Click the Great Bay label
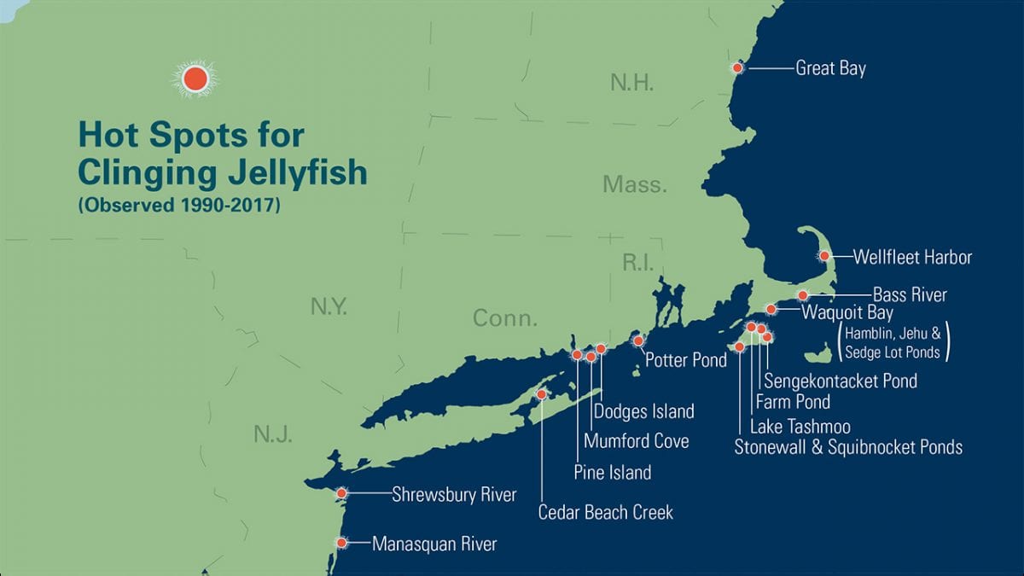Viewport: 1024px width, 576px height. (830, 68)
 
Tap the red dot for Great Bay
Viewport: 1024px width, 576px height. (737, 67)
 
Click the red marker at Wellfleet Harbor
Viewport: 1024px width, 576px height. (824, 255)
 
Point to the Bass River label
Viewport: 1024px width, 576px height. (910, 295)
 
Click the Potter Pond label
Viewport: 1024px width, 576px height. (686, 359)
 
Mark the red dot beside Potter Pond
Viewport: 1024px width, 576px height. (638, 341)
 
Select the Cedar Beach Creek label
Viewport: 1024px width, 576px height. (605, 512)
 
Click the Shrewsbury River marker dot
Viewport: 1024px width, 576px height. (342, 493)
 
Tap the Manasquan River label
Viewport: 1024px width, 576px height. (433, 544)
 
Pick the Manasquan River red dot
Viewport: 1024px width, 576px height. (342, 543)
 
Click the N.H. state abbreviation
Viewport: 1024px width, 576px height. (631, 83)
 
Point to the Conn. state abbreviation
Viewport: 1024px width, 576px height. (505, 319)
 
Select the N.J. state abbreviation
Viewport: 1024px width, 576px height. (273, 435)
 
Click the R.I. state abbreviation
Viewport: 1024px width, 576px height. (637, 263)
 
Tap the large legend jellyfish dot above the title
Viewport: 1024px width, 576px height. (195, 79)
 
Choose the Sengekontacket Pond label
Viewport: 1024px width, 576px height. (841, 381)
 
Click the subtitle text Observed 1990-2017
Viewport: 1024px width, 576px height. (178, 206)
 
